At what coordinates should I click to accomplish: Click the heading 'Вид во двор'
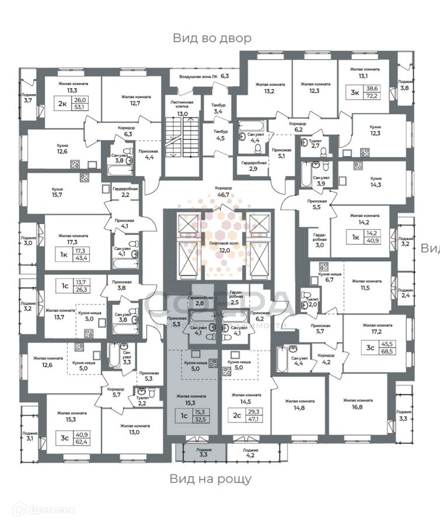point(212,38)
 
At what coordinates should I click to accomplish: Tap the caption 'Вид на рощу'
point(211,479)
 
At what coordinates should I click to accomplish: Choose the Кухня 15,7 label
point(57,193)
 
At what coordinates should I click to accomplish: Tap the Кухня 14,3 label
point(376,181)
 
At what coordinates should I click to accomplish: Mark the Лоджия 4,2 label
point(250,453)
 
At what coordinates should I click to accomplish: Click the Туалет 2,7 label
point(316,144)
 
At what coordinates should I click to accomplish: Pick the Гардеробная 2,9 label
point(253,166)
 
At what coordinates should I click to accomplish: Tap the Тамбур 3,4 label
point(218,108)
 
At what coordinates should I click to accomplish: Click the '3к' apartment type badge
point(355,91)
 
